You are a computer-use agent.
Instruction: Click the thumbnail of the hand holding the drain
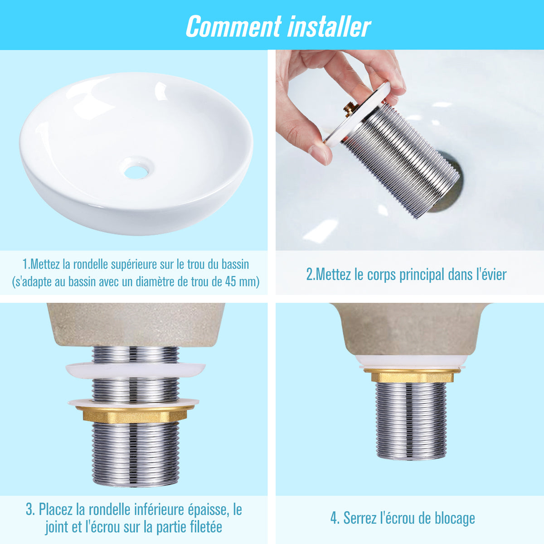pos(410,150)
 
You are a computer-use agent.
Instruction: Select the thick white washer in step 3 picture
pos(136,370)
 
